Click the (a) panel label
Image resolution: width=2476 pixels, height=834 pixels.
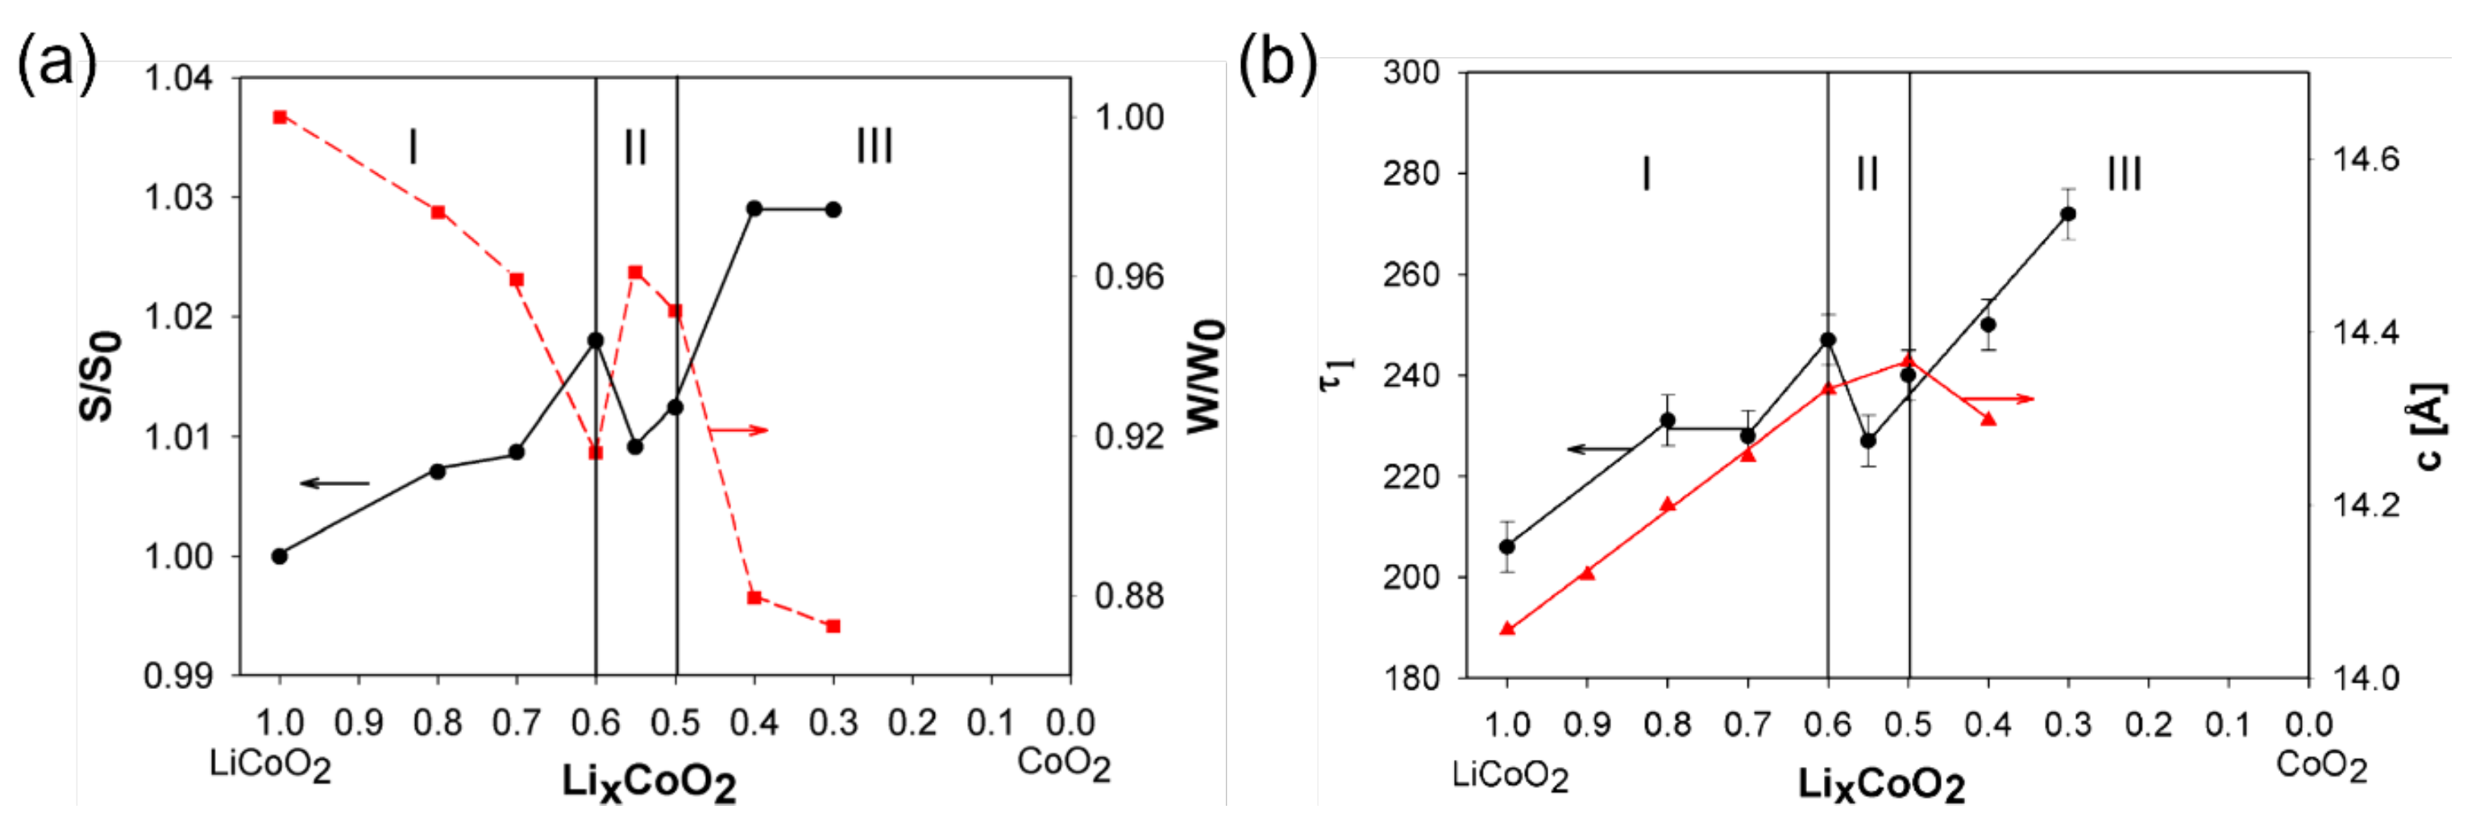pyautogui.click(x=58, y=64)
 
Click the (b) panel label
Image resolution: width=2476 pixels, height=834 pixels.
pyautogui.click(x=1277, y=64)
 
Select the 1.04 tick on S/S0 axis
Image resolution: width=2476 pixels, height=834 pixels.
pyautogui.click(x=179, y=77)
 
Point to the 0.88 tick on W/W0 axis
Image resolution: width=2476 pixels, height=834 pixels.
pyautogui.click(x=1129, y=595)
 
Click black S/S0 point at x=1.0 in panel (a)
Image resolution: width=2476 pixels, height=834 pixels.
pyautogui.click(x=280, y=556)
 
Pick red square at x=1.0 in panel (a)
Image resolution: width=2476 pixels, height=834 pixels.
pyautogui.click(x=280, y=117)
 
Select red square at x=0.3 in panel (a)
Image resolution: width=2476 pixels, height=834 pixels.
pyautogui.click(x=833, y=626)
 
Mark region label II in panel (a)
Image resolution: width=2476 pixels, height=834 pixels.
pyautogui.click(x=635, y=147)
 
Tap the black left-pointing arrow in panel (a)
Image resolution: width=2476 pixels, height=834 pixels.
pyautogui.click(x=334, y=483)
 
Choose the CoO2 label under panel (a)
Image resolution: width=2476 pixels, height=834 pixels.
pyautogui.click(x=1064, y=764)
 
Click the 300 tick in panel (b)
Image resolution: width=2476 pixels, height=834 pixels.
pyautogui.click(x=1411, y=72)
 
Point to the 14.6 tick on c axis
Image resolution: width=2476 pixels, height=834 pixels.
pyautogui.click(x=2366, y=159)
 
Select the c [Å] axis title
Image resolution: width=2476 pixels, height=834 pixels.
pyautogui.click(x=2430, y=428)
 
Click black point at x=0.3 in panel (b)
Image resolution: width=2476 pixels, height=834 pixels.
pyautogui.click(x=2068, y=214)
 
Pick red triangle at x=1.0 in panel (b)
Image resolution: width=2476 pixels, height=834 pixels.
pyautogui.click(x=1507, y=629)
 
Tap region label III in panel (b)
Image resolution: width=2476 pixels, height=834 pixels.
pyautogui.click(x=2125, y=174)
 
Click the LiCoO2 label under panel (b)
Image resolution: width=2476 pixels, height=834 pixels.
pyautogui.click(x=1510, y=775)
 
